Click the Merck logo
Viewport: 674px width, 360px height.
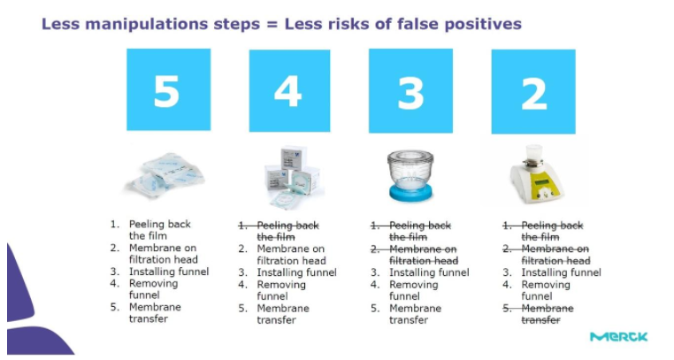[x=618, y=337]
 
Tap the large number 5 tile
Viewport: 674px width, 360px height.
[x=168, y=89]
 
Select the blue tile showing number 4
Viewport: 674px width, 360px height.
[x=290, y=90]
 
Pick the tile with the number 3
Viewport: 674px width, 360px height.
[x=410, y=90]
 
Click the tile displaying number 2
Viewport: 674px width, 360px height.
[x=533, y=91]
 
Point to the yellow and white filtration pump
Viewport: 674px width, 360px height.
[x=536, y=174]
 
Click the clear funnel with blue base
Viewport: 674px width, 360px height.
[x=410, y=175]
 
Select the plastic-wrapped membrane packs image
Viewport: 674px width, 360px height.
[x=165, y=175]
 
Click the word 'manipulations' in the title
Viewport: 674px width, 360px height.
[x=147, y=24]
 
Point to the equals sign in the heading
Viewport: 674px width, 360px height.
[x=272, y=25]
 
